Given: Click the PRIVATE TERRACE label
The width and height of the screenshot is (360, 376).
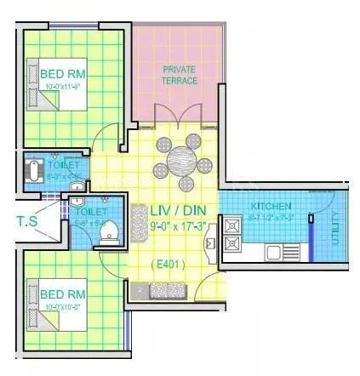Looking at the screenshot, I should [180, 75].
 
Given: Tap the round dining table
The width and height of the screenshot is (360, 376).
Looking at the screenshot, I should [181, 160].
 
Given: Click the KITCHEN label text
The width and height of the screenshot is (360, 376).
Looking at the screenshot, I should [272, 206].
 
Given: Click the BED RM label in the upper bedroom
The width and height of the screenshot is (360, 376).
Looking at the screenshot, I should [62, 74].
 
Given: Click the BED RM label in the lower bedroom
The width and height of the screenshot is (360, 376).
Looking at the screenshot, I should [62, 293].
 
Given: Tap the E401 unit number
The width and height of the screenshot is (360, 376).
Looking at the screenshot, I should [171, 265].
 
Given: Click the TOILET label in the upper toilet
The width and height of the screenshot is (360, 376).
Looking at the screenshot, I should [69, 162].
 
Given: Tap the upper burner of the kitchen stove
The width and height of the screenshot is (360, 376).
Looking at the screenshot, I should [231, 225].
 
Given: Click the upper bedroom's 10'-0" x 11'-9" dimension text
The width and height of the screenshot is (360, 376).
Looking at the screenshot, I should [63, 85].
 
